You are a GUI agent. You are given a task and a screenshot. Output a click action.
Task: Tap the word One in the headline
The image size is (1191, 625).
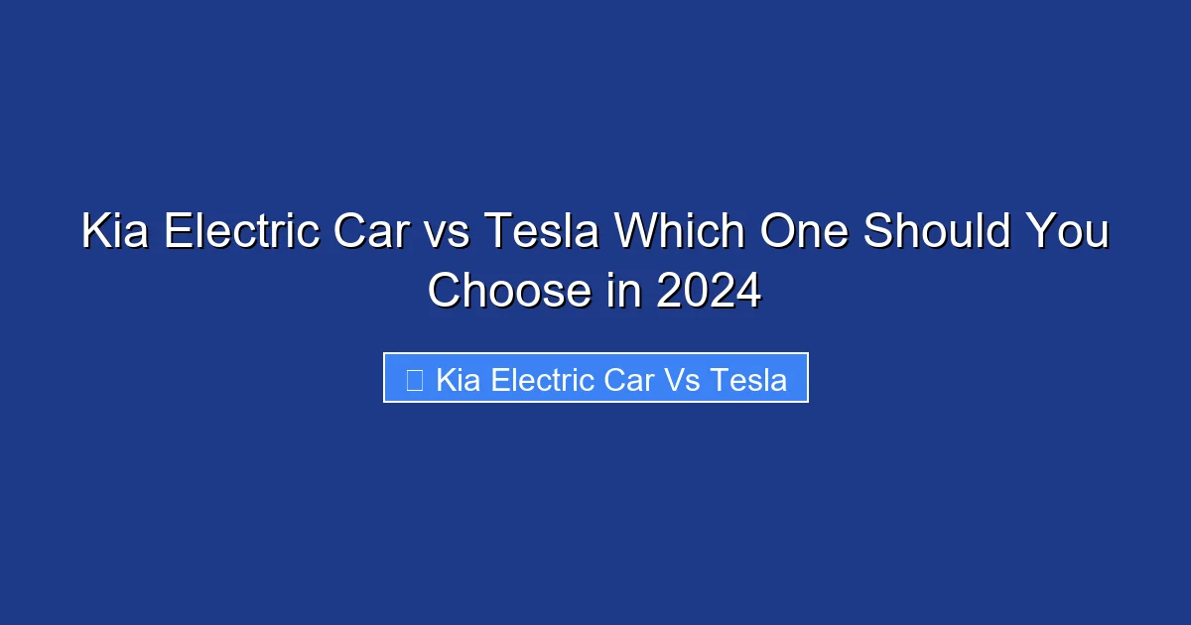point(803,232)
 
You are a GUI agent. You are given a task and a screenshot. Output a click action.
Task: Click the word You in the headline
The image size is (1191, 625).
point(1070,232)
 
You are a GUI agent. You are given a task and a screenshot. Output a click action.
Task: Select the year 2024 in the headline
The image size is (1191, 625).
point(709,291)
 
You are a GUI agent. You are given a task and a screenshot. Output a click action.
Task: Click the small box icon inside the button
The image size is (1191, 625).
point(415,379)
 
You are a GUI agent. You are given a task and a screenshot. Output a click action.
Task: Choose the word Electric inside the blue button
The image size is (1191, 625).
point(542,379)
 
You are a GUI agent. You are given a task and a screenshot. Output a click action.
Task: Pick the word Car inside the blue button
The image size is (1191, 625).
point(630,379)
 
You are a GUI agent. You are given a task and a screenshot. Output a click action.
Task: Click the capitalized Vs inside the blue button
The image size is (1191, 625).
point(686,379)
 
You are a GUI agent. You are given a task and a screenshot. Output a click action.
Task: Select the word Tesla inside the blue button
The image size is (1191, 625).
point(751,379)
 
